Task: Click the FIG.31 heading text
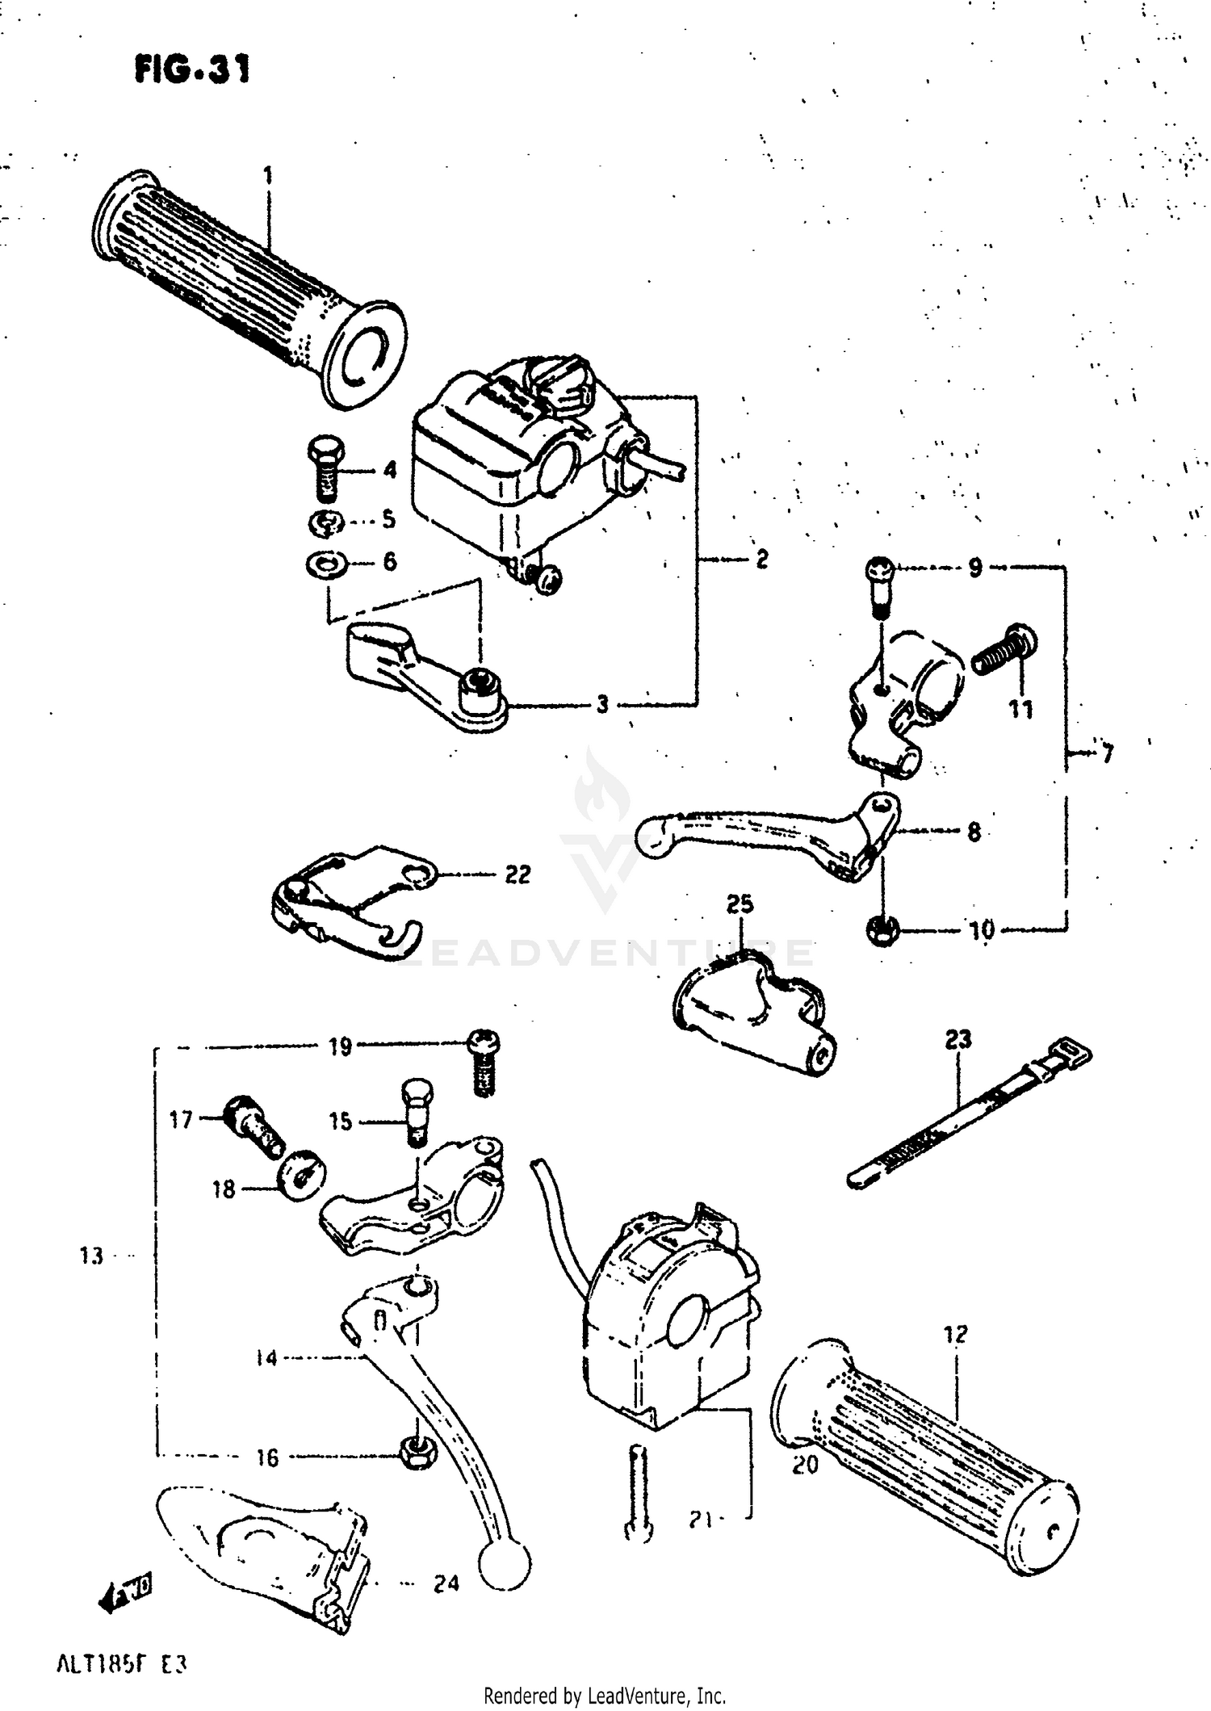tap(192, 69)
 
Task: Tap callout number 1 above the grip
tap(267, 175)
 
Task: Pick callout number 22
tap(518, 874)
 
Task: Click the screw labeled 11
tap(1005, 651)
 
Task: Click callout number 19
tap(340, 1047)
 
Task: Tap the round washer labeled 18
tap(300, 1181)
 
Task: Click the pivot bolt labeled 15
tap(417, 1110)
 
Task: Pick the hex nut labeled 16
tap(413, 1453)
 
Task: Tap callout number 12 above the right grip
tap(955, 1334)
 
